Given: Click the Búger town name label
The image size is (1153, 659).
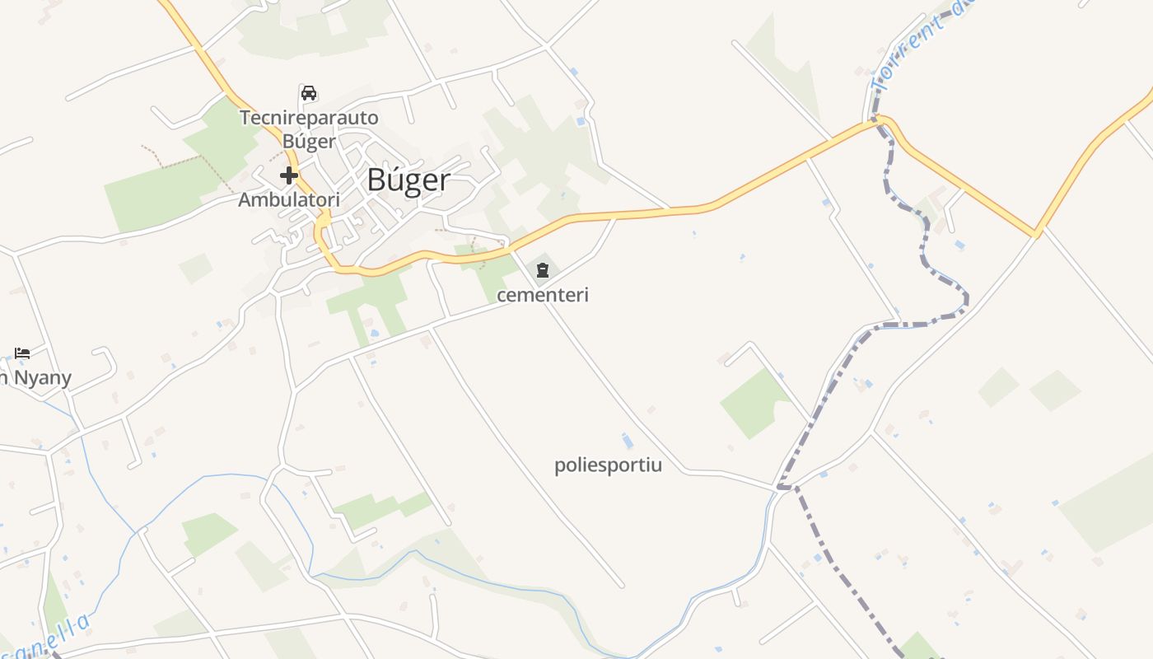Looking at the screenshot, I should [408, 180].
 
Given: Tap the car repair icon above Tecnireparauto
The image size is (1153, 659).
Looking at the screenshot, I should [309, 93].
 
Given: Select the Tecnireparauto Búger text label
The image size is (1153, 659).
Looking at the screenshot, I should [309, 129].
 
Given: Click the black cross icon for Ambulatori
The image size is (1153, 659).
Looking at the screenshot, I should [288, 175].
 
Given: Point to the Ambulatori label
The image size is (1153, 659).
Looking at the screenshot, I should [289, 200].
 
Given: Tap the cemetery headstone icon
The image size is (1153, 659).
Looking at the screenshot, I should [542, 270].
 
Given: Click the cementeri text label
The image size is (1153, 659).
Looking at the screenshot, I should [543, 295].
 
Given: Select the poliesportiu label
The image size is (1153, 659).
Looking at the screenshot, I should [608, 465].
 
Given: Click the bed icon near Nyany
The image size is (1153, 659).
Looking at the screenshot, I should [22, 353].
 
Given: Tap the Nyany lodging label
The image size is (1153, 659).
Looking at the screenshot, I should [37, 378].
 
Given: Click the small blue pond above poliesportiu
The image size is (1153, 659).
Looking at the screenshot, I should [628, 442].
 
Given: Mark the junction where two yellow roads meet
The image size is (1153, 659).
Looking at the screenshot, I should [1037, 234].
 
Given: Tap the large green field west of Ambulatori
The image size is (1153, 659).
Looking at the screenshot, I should [152, 194].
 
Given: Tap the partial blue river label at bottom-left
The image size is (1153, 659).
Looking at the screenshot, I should [49, 638].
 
